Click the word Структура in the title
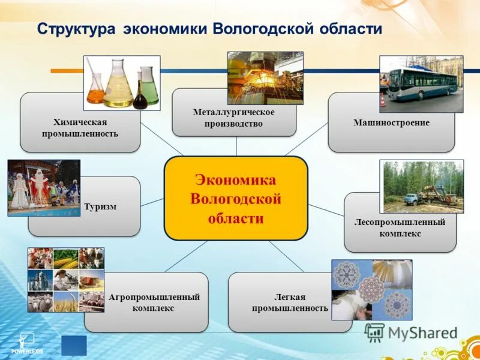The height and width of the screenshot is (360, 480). (x=77, y=29)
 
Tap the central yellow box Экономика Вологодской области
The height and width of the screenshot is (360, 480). (x=236, y=199)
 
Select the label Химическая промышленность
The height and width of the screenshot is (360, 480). (x=80, y=127)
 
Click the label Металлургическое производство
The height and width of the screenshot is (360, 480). (x=234, y=118)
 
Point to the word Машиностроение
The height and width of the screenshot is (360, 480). (x=391, y=122)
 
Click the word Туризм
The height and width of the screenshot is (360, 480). (x=100, y=206)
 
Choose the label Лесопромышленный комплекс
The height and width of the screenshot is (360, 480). (x=400, y=228)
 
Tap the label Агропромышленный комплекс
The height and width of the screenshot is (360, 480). (x=154, y=302)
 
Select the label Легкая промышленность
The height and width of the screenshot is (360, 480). (x=290, y=302)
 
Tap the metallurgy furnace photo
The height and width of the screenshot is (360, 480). (x=265, y=77)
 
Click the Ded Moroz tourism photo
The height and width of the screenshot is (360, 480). (x=43, y=187)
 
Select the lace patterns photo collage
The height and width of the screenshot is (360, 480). (x=371, y=289)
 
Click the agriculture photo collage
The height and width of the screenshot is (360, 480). (x=65, y=280)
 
